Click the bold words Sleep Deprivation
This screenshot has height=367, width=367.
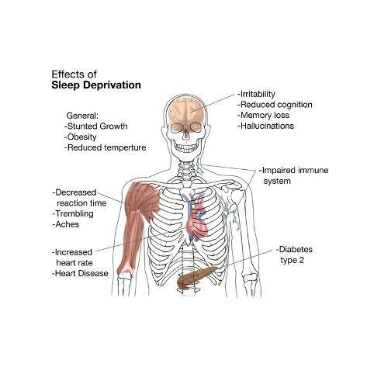point(96,85)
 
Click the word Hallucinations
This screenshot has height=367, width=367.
point(266,126)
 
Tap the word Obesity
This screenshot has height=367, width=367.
point(81,137)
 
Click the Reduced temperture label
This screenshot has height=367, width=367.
point(106,147)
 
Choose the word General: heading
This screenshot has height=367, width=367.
point(82,116)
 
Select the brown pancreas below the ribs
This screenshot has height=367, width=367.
point(196,277)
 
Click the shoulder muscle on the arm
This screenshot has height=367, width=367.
point(143,199)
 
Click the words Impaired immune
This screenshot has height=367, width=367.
point(294,171)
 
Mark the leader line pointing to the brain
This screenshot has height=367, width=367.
point(213,103)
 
